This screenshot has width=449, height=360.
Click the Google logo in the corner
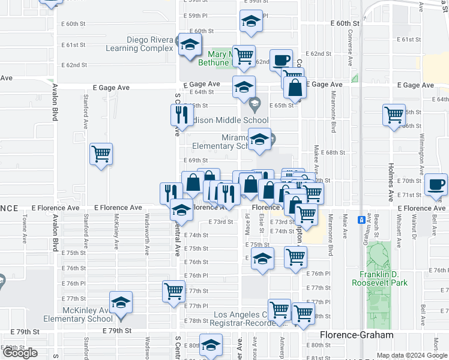point(20,353)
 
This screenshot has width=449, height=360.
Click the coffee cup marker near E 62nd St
point(280,61)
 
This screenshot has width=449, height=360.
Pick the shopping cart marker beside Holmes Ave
point(394,114)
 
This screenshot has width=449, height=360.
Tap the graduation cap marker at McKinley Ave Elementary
point(121,302)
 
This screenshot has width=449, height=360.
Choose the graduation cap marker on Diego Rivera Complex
point(190,45)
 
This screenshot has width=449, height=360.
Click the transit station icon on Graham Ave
point(360,220)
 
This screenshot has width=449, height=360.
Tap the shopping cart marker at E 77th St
point(173,291)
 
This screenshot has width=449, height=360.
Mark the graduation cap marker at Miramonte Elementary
point(259,140)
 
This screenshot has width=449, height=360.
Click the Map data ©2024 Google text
point(412,355)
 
